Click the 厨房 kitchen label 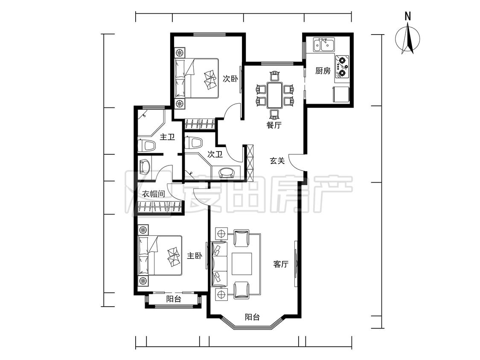pyautogui.click(x=323, y=71)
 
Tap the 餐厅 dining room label pyautogui.click(x=274, y=125)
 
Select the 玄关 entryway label pyautogui.click(x=277, y=161)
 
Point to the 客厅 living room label pyautogui.click(x=281, y=264)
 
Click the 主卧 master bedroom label pyautogui.click(x=195, y=255)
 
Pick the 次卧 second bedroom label pyautogui.click(x=230, y=79)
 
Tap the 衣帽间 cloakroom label pyautogui.click(x=154, y=194)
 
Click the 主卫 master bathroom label pyautogui.click(x=167, y=137)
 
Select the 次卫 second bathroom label pyautogui.click(x=215, y=154)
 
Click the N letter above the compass pyautogui.click(x=407, y=16)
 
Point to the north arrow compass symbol pyautogui.click(x=407, y=39)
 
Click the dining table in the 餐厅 pyautogui.click(x=274, y=95)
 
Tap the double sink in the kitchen pyautogui.click(x=324, y=45)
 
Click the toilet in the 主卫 pyautogui.click(x=147, y=146)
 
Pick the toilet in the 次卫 pyautogui.click(x=193, y=142)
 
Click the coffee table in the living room pyautogui.click(x=242, y=264)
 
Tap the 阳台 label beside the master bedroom pyautogui.click(x=174, y=299)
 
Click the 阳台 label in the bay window pyautogui.click(x=252, y=317)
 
